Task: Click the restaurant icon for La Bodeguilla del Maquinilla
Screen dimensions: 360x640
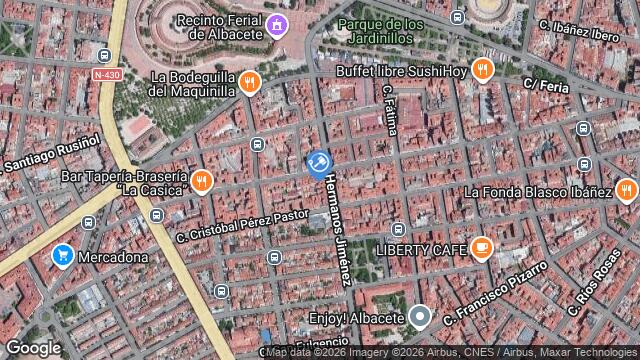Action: tap(249, 82)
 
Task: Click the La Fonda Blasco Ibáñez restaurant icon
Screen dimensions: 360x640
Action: tap(626, 191)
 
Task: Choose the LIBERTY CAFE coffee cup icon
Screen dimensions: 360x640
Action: tap(481, 247)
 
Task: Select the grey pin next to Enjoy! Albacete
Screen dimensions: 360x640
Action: tap(421, 317)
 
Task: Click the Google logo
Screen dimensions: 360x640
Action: tap(33, 347)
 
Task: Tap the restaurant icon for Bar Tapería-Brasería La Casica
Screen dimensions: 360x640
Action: tap(202, 181)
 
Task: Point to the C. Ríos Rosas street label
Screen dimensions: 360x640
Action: tap(595, 275)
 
